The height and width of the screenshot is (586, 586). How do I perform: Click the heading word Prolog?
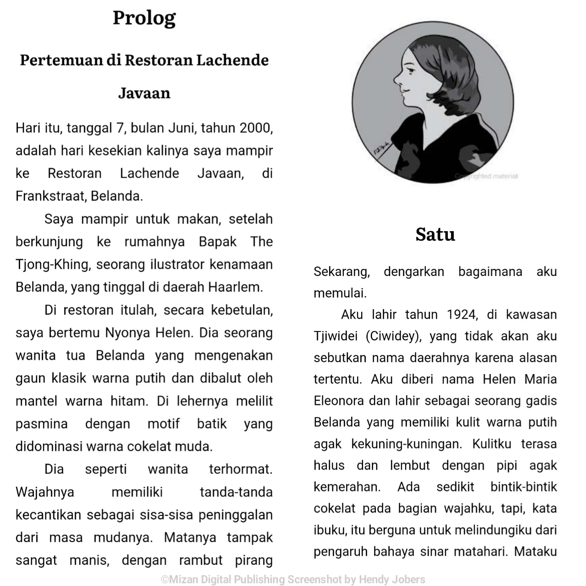[144, 18]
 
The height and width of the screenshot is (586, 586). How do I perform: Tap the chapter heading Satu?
[435, 234]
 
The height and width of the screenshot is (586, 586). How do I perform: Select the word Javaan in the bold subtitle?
[144, 93]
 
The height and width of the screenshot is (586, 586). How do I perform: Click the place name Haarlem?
[235, 287]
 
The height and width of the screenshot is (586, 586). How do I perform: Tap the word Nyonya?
[128, 333]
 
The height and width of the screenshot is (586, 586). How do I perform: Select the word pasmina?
[41, 424]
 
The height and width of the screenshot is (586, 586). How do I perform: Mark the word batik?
[212, 424]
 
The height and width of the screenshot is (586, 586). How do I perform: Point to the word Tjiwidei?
[336, 336]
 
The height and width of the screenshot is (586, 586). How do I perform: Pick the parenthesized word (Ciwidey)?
[393, 336]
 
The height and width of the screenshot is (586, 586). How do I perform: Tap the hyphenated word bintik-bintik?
[523, 487]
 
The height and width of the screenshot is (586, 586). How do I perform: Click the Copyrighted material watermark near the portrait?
[486, 176]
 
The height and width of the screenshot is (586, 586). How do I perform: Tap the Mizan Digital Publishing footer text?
[293, 579]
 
